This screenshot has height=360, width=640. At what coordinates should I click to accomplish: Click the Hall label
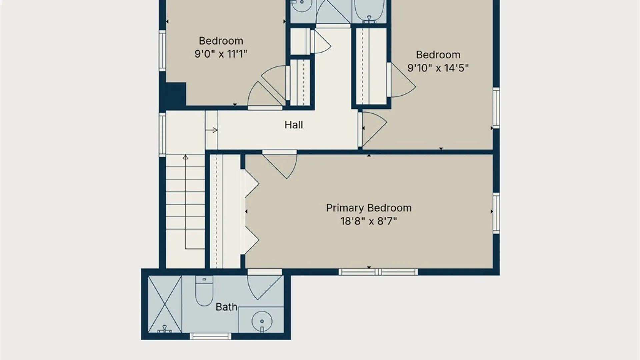click(294, 125)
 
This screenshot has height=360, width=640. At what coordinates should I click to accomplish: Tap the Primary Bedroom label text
click(369, 208)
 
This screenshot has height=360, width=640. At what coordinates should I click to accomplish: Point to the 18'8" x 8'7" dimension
click(369, 221)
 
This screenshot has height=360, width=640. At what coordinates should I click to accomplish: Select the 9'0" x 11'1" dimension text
click(221, 54)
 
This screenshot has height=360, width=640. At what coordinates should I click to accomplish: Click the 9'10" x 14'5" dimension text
click(438, 68)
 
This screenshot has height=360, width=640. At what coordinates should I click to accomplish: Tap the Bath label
click(226, 307)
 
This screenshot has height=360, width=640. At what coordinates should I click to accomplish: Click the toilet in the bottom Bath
click(204, 291)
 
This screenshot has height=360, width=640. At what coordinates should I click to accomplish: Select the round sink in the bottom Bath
click(262, 322)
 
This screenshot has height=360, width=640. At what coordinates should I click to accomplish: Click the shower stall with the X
click(165, 304)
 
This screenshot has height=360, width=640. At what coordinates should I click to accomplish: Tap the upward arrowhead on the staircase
click(185, 157)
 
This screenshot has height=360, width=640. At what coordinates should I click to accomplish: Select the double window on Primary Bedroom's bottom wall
click(378, 272)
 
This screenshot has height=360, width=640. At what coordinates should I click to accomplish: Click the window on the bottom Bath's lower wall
click(211, 336)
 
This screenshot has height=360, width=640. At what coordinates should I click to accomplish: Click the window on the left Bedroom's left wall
click(162, 51)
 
